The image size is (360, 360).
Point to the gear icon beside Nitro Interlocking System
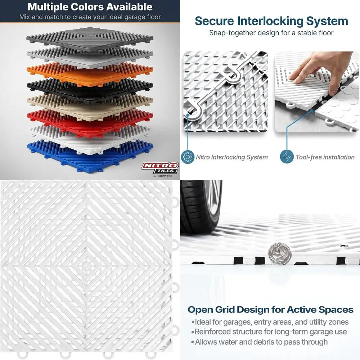click(x=187, y=157)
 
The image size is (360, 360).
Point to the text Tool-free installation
click(x=325, y=157)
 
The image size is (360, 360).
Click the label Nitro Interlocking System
click(x=231, y=157)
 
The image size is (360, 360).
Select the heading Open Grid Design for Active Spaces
click(x=270, y=310)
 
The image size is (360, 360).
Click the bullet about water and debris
click(x=261, y=342)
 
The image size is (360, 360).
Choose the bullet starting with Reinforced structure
click(x=270, y=332)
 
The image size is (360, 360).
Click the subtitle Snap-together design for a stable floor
click(x=271, y=33)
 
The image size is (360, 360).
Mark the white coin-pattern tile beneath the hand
click(x=338, y=115)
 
